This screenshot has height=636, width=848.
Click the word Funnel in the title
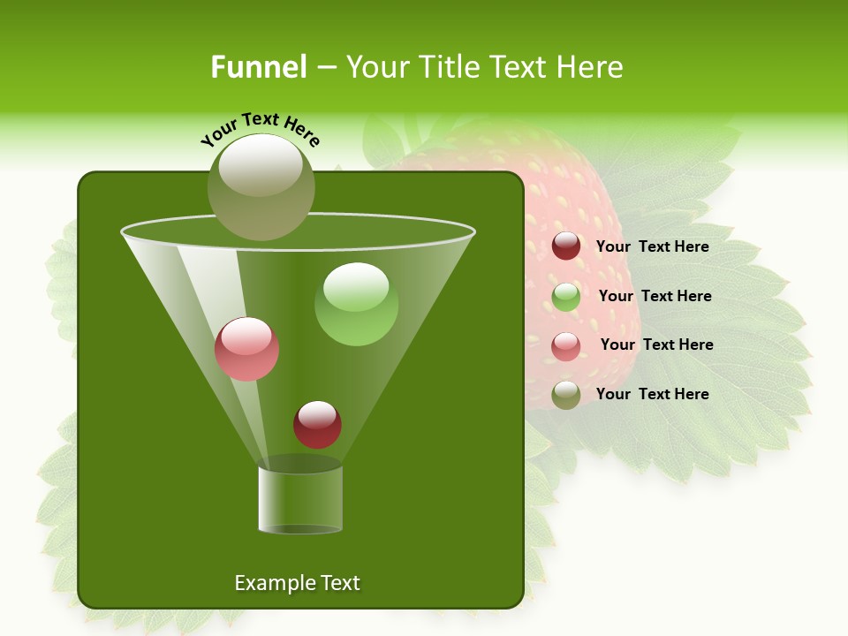pos(258,67)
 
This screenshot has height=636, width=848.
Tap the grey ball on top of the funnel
pos(261,187)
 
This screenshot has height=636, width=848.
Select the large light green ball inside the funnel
pos(356,304)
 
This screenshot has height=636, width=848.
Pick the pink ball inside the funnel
pos(247,349)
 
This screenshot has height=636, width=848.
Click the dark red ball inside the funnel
pos(318,424)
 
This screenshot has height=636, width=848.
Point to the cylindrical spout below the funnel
pos(300,499)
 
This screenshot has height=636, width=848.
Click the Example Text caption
pos(297,583)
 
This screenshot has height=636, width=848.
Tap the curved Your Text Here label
pos(261,129)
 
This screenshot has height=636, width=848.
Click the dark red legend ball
pos(566,246)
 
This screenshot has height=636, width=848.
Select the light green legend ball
pos(566,297)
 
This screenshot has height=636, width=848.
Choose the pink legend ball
pos(566,346)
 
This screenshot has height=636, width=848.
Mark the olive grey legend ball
pos(566,395)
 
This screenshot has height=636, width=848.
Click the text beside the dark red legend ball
pos(652,246)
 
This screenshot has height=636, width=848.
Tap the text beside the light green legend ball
pos(655,296)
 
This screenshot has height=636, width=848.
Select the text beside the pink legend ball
pos(656,344)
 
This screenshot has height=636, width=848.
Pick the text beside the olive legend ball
pos(652,394)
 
